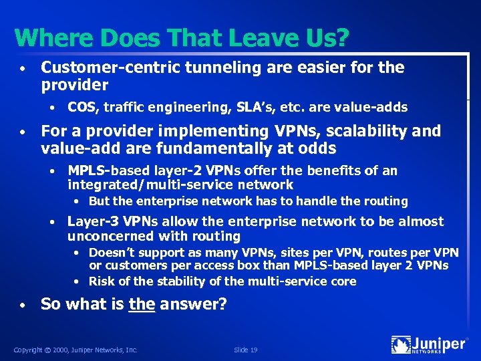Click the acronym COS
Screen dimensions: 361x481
[82, 107]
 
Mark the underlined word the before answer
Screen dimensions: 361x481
[142, 304]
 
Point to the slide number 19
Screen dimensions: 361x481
[254, 349]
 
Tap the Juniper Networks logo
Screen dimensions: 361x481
[429, 345]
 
